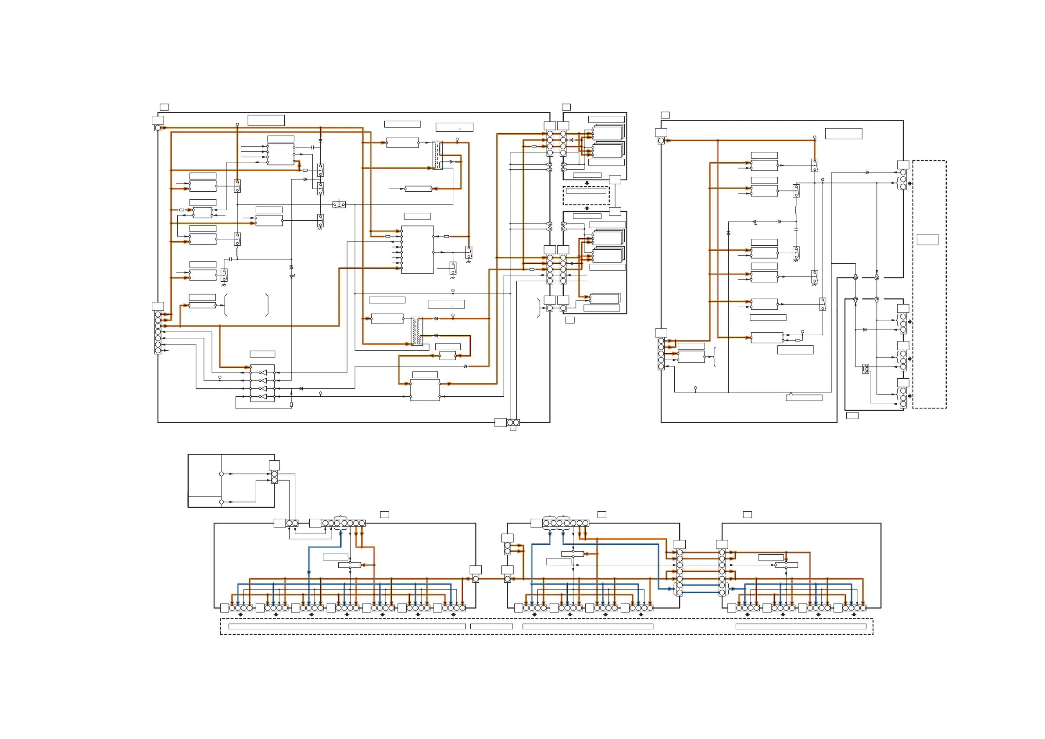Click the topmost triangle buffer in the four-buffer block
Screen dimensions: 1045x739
click(263, 373)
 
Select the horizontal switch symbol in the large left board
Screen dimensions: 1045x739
click(339, 205)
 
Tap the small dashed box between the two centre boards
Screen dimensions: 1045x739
click(586, 196)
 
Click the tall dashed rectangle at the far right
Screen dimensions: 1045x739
click(929, 284)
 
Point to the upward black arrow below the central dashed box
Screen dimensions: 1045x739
click(587, 208)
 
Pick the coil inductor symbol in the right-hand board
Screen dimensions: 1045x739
click(795, 211)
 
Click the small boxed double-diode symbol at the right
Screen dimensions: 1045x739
click(866, 369)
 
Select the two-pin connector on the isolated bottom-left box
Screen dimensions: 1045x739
click(275, 477)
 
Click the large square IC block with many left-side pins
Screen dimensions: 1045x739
click(417, 250)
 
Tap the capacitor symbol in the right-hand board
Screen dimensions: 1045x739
click(796, 230)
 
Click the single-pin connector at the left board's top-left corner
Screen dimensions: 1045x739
click(158, 128)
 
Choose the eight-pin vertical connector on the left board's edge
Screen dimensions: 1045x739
click(158, 332)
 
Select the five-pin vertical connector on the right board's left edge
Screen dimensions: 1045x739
click(661, 353)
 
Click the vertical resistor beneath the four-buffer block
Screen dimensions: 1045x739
click(291, 404)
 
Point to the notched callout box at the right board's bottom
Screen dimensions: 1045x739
click(804, 398)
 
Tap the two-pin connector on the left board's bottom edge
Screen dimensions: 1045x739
click(513, 423)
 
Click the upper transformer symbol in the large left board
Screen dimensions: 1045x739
click(437, 155)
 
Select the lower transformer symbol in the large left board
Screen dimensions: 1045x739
click(416, 331)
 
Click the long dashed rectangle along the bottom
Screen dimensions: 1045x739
click(546, 627)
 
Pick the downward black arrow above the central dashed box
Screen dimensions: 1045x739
click(587, 183)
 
